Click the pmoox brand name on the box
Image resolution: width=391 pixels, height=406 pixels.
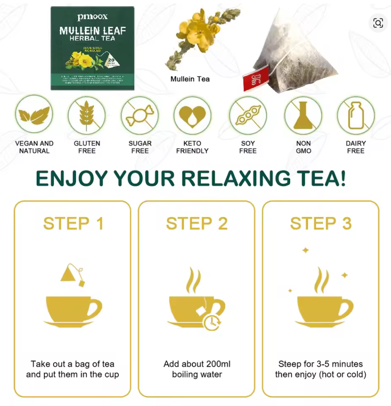click(92, 17)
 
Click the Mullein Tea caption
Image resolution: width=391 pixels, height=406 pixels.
click(190, 79)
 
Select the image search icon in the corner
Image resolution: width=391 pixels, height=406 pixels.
click(378, 23)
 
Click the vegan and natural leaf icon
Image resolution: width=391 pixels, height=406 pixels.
click(34, 116)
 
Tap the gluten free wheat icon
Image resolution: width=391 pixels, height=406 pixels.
click(87, 116)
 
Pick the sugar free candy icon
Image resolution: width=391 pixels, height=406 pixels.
click(140, 116)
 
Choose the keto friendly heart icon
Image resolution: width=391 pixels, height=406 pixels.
click(192, 116)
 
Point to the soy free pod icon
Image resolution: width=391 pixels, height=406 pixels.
click(248, 116)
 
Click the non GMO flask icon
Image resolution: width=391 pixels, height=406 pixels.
click(303, 116)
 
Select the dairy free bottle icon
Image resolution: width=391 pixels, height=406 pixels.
click(356, 116)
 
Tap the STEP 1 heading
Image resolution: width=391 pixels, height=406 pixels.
click(73, 224)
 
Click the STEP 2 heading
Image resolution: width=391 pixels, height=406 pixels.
click(197, 224)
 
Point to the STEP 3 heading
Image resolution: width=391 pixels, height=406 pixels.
click(321, 224)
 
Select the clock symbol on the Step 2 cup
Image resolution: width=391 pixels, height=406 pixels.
click(212, 322)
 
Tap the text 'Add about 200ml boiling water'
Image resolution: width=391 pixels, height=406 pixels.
click(197, 369)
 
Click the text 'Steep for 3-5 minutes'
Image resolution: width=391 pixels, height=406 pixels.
click(321, 364)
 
